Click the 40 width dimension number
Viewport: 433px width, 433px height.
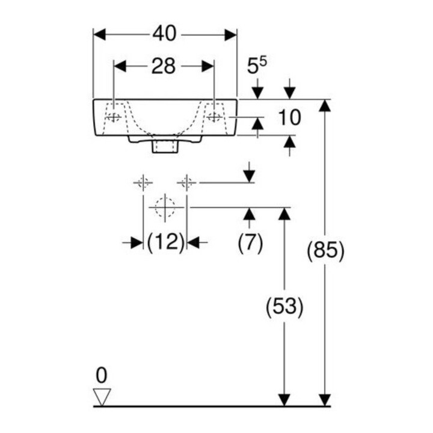coord(164,34)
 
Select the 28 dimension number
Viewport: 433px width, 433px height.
coord(164,66)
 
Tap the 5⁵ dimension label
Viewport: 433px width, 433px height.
coord(257,66)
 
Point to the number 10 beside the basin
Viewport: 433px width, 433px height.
coord(289,117)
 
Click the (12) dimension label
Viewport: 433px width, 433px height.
coord(165,242)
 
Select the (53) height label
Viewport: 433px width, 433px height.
coord(284,306)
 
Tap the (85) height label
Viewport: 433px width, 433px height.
coord(326,250)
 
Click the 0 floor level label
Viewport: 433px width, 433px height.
coord(102,375)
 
